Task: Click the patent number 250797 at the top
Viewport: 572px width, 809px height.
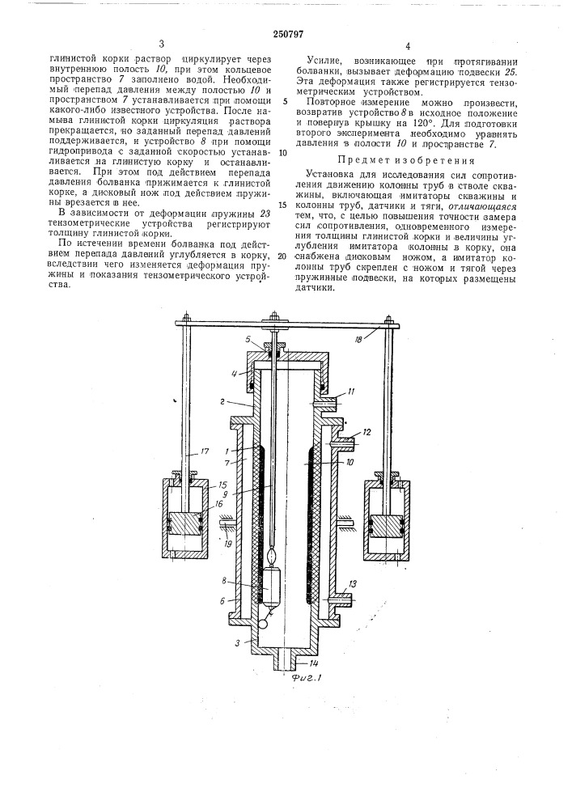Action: [x=284, y=33]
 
